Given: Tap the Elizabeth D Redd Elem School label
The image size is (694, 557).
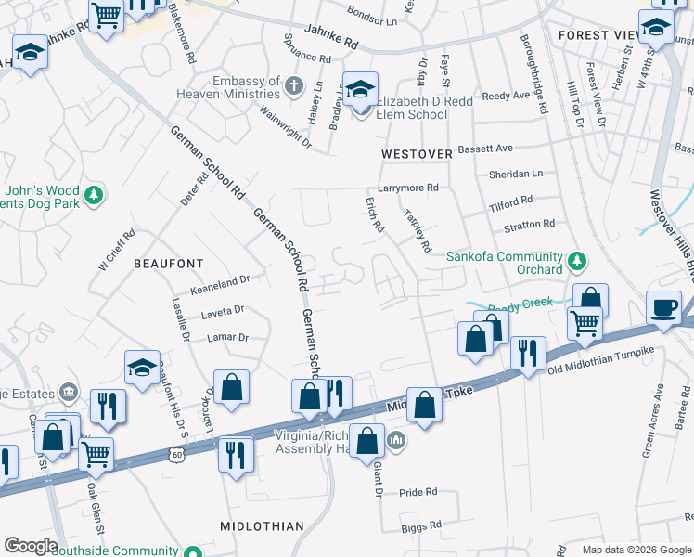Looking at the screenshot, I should tap(412, 109).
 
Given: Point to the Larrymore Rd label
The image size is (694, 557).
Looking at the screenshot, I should tap(407, 188).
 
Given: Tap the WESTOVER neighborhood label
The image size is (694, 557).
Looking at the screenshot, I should tap(417, 152).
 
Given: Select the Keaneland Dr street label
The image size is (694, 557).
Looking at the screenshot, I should tap(221, 278).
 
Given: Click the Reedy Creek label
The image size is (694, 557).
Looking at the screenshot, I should tap(520, 303).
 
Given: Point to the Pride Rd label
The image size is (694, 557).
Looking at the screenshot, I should tap(418, 492).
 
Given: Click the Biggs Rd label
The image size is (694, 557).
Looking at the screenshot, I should tap(421, 526).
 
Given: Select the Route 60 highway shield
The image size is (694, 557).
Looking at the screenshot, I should tap(176, 454).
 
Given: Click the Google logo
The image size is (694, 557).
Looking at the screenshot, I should tap(31, 545).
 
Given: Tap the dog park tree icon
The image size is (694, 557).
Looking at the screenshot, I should tap(93, 195).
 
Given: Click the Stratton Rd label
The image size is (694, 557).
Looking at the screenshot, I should tap(528, 224).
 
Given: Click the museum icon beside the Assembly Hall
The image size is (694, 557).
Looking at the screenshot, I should tap(396, 439).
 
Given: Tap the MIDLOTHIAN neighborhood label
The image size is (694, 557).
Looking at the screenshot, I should tap(262, 526).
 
